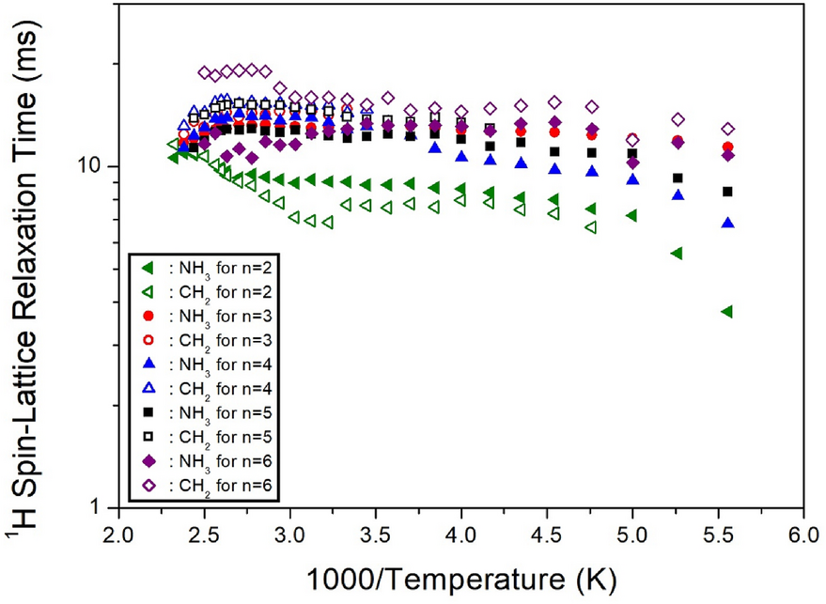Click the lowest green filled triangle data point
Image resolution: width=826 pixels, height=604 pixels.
(x=725, y=312)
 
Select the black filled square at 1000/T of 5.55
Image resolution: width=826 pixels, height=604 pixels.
(x=726, y=192)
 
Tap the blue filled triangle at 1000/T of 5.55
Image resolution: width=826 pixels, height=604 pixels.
(x=726, y=223)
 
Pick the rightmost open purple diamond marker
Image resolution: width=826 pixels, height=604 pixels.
(x=726, y=129)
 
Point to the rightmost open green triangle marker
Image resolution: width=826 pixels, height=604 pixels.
(x=590, y=227)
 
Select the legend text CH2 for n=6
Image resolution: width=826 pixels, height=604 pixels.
(x=223, y=486)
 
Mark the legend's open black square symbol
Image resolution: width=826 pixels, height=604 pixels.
(x=148, y=437)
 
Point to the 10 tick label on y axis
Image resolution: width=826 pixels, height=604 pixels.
(x=87, y=166)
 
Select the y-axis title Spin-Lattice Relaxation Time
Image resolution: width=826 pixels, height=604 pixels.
(x=28, y=254)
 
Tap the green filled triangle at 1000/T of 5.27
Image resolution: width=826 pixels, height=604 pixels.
(x=676, y=253)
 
